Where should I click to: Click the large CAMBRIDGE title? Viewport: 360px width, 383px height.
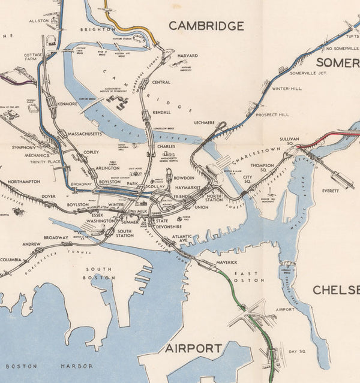tap(206, 26)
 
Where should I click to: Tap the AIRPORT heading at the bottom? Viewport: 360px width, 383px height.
tap(193, 348)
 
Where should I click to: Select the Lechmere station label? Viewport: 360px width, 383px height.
tap(205, 122)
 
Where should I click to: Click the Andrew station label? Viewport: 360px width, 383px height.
tap(31, 245)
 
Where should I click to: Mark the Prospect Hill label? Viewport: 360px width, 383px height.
tap(272, 114)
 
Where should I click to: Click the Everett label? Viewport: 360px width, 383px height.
tap(330, 191)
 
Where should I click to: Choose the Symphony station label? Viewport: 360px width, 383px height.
tap(24, 147)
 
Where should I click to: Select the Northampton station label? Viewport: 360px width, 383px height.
tap(24, 181)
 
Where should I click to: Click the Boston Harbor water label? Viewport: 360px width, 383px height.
tap(49, 366)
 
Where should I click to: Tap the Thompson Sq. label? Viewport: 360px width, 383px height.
tap(262, 168)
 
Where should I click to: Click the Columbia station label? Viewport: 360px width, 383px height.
tap(10, 260)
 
